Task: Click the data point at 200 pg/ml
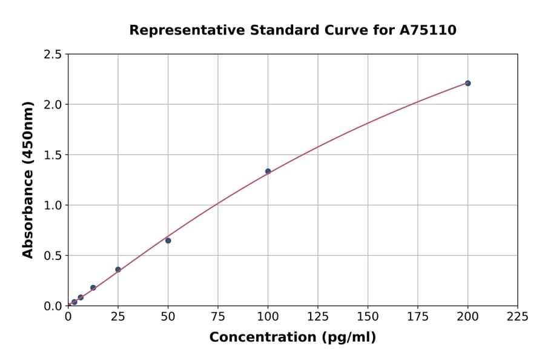coord(467,83)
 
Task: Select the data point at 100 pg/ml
coord(268,171)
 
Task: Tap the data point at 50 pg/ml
coord(168,241)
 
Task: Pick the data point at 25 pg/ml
coord(118,270)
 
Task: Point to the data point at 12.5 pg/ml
coord(93,288)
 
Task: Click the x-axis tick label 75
coord(218,316)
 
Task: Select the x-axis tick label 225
coord(518,316)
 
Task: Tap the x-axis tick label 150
coord(368,316)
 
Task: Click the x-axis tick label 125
coord(318,316)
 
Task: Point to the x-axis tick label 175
coord(418,316)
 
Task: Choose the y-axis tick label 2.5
coord(53,55)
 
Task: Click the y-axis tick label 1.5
coord(53,155)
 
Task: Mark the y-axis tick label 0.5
coord(53,256)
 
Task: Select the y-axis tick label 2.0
coord(53,105)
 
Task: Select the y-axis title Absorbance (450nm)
coord(28,180)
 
